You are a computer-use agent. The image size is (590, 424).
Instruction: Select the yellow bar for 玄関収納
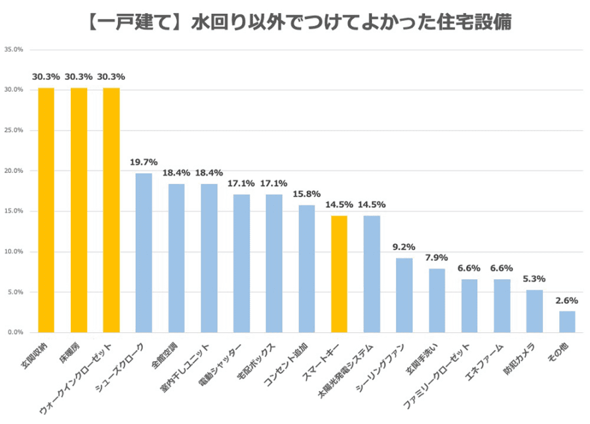pos(46,210)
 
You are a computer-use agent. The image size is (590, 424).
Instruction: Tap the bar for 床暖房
pos(79,210)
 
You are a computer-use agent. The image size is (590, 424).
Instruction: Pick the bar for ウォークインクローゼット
pos(111,210)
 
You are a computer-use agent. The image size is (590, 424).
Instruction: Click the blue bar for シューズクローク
pos(144,252)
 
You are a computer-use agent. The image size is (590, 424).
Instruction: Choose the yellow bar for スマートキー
pos(339,274)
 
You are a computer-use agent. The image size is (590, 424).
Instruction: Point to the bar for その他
pos(567,322)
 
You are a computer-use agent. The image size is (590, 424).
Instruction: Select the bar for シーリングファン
pos(404,295)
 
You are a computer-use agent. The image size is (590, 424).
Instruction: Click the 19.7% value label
pos(144,162)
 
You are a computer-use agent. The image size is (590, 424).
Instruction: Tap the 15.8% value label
pos(307,194)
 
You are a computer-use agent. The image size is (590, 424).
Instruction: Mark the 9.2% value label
pos(404,247)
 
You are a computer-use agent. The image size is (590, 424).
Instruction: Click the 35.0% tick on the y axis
pos(14,49)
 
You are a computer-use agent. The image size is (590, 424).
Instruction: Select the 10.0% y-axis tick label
pos(14,252)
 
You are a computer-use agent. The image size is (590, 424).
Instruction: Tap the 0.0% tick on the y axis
pos(15,332)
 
